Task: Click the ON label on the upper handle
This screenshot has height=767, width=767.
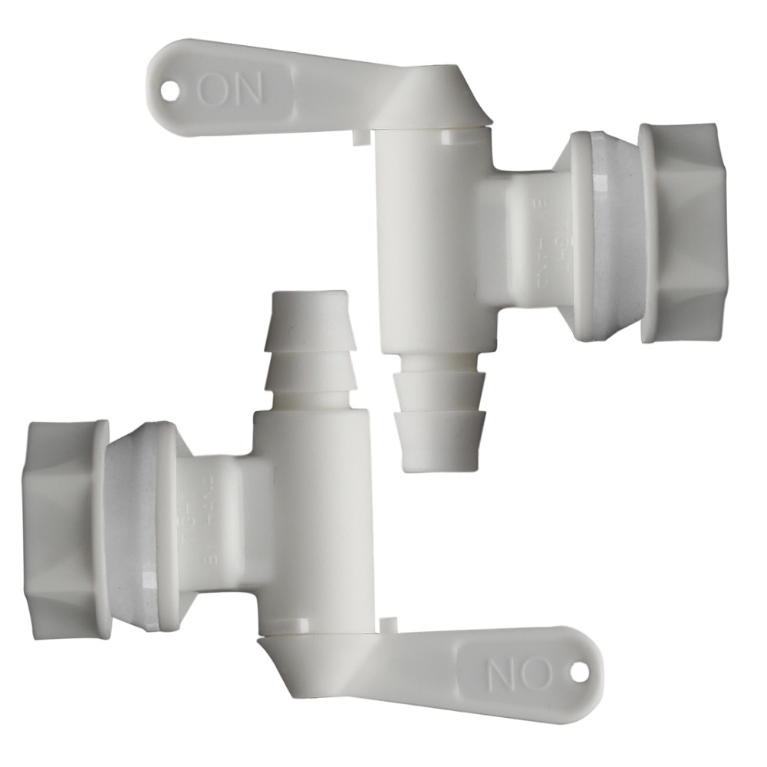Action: pos(231,89)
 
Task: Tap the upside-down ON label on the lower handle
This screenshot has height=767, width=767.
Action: pos(520,674)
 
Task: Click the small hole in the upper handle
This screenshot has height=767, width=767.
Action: pos(169,89)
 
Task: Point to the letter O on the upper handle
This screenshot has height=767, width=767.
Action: pos(213,89)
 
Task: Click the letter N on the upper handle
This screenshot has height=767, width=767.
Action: pos(249,89)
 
